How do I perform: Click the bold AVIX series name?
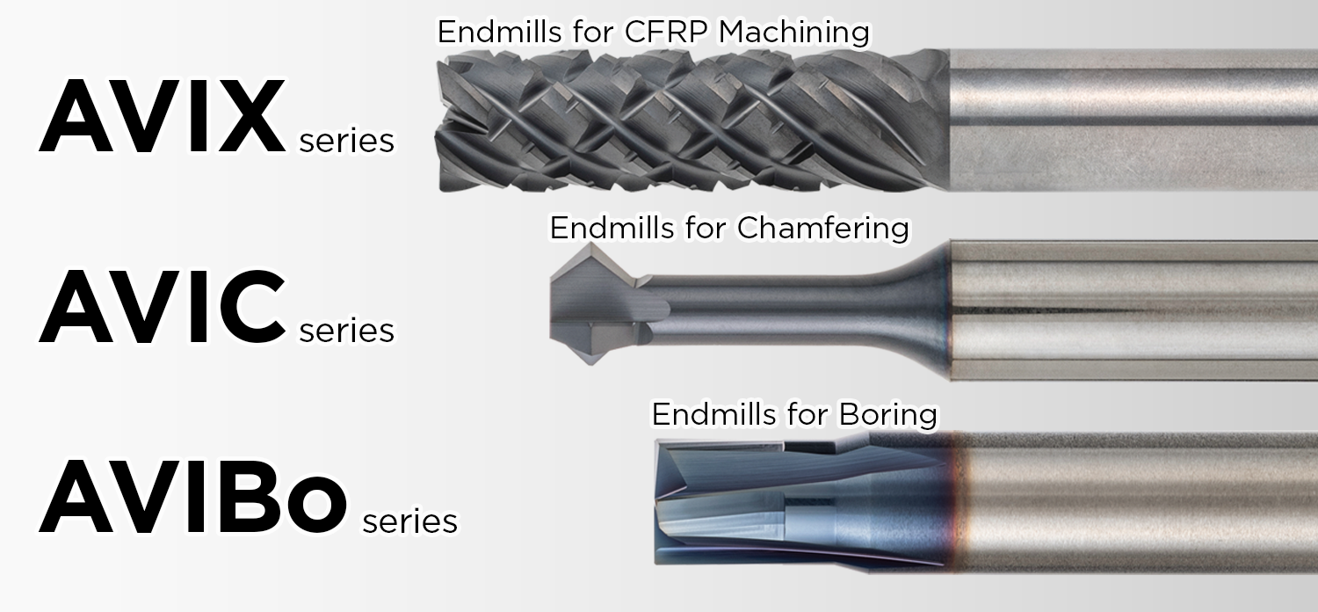pyautogui.click(x=163, y=116)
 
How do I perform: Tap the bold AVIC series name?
pyautogui.click(x=163, y=306)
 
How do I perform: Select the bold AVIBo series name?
pyautogui.click(x=193, y=497)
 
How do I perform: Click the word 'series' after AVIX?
pyautogui.click(x=346, y=142)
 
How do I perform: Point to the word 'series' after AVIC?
pyautogui.click(x=346, y=331)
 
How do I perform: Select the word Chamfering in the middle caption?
pyautogui.click(x=823, y=229)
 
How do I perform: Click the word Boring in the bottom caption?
pyautogui.click(x=887, y=415)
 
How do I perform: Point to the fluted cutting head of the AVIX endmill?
pyautogui.click(x=692, y=120)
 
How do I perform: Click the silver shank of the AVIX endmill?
pyautogui.click(x=1133, y=120)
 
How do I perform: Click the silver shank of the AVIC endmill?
pyautogui.click(x=1133, y=310)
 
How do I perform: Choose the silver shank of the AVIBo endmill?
pyautogui.click(x=1139, y=502)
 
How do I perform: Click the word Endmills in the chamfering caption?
pyautogui.click(x=612, y=228)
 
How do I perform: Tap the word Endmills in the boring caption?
pyautogui.click(x=713, y=415)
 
